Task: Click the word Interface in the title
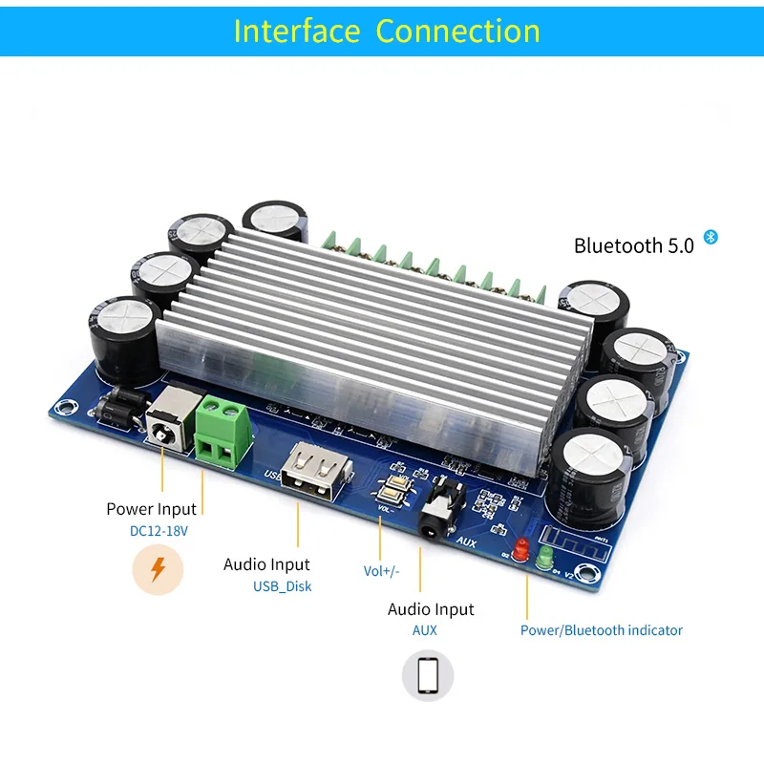[297, 31]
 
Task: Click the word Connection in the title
[457, 31]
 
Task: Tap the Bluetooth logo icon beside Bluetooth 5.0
[710, 237]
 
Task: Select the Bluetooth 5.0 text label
[633, 245]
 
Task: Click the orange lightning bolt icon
[158, 569]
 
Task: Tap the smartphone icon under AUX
[427, 675]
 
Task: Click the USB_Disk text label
[282, 586]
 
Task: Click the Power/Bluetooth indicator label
[602, 630]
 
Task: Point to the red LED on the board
[521, 550]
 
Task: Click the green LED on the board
[544, 557]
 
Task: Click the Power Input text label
[151, 509]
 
